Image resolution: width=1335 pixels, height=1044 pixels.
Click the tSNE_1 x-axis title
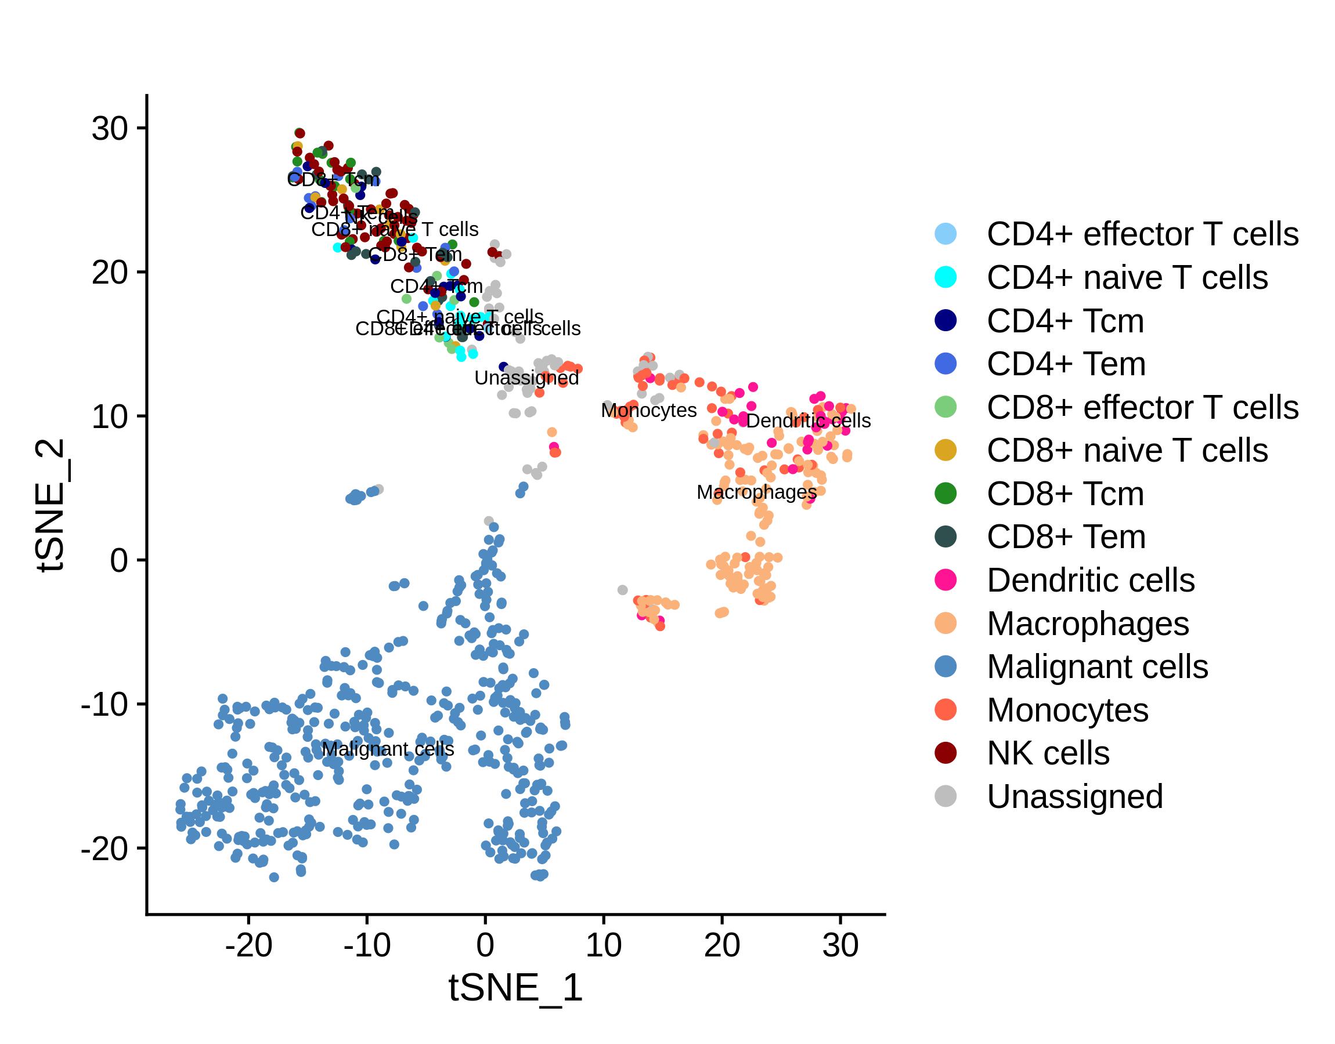[515, 988]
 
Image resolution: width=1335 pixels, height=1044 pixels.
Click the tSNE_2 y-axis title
[50, 505]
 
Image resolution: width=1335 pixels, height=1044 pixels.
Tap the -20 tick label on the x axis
[248, 946]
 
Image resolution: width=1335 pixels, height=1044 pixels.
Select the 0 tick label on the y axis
[118, 560]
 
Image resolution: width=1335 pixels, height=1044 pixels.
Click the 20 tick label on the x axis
[721, 946]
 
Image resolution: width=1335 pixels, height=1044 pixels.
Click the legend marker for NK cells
[946, 753]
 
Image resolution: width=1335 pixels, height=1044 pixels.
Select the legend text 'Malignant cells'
[1097, 667]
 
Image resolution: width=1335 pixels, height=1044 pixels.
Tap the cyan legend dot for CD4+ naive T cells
[946, 277]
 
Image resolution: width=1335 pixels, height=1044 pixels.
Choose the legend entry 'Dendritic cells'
[1091, 580]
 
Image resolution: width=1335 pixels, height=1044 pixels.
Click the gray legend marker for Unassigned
[946, 796]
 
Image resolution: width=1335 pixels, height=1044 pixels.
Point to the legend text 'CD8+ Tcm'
[1065, 494]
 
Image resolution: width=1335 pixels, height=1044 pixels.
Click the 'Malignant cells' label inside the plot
[388, 749]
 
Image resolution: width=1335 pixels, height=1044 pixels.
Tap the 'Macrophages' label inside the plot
[756, 492]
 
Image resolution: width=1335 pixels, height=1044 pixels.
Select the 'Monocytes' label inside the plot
[649, 410]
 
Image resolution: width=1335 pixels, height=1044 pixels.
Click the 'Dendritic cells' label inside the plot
[808, 420]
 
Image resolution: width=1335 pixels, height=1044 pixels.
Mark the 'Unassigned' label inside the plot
[526, 378]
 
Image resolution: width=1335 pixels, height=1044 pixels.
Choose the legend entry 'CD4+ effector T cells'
[1142, 234]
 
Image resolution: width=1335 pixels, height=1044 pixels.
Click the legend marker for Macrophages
[946, 623]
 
